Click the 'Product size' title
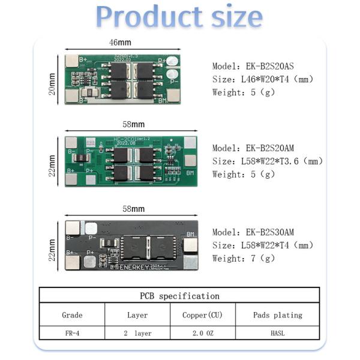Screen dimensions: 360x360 (179, 16)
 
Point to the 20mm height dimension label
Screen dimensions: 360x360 (52, 84)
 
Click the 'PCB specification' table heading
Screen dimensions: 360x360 (179, 296)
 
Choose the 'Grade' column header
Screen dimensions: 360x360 (72, 315)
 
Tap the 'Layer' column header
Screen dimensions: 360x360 (137, 315)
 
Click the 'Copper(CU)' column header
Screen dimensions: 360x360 (203, 315)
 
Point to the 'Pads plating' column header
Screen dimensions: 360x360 (277, 315)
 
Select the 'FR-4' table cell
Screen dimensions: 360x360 (72, 333)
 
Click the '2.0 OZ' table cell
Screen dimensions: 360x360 (203, 333)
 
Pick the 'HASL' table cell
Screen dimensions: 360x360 (277, 333)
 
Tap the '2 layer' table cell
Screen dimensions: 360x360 (137, 333)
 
